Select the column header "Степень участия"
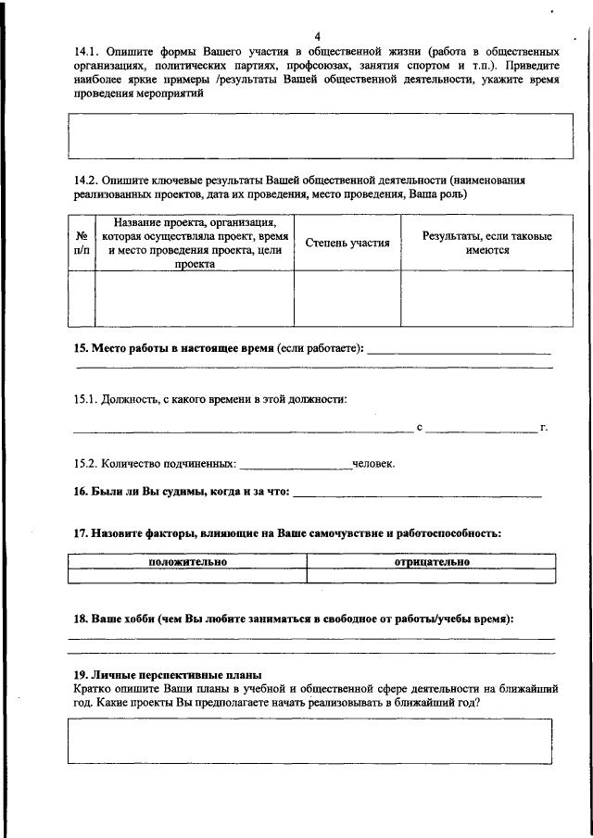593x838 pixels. click(x=347, y=243)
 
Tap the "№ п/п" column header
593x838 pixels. click(x=82, y=243)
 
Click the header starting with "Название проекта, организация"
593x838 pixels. click(x=195, y=243)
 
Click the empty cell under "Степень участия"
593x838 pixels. click(x=347, y=297)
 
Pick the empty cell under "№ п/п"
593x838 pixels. click(x=82, y=297)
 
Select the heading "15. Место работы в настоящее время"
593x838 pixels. click(x=173, y=349)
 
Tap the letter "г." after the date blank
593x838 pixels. click(x=545, y=428)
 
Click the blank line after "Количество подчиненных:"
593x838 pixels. click(x=296, y=465)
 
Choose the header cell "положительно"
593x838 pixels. click(x=188, y=561)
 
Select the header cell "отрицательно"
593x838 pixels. click(x=432, y=561)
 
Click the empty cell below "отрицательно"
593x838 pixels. click(x=432, y=575)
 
